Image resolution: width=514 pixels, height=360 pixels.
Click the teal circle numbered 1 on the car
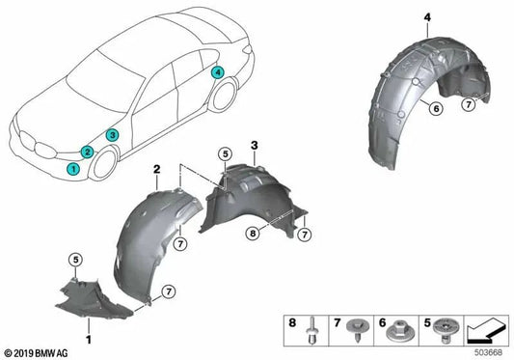(72, 169)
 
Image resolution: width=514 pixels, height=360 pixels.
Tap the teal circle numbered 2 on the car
(88, 152)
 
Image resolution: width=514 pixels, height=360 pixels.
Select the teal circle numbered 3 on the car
(113, 135)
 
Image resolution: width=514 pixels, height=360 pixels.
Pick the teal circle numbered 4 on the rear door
(218, 72)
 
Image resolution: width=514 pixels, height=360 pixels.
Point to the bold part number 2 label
(155, 168)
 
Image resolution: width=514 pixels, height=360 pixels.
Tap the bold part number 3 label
(254, 145)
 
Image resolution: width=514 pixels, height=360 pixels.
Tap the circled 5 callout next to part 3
(223, 153)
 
